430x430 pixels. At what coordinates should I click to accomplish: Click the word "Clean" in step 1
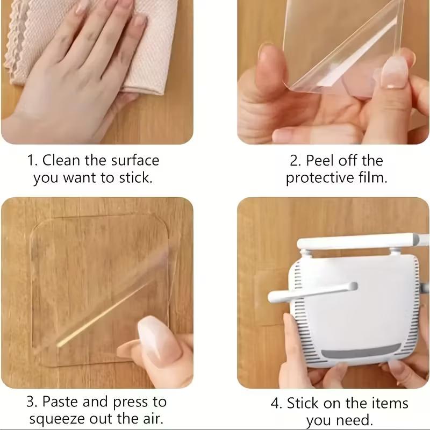point(63,160)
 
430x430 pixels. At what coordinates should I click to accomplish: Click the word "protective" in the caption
point(321,178)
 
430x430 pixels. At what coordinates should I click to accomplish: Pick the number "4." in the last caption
point(276,403)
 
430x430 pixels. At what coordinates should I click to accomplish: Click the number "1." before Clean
point(32,160)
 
